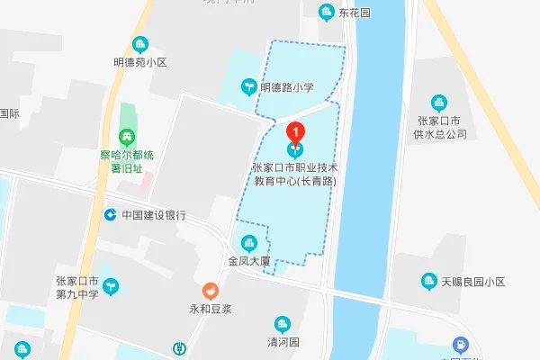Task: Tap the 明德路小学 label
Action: pos(287,87)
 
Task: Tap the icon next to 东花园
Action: pos(326,12)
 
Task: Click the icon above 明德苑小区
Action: pos(139,44)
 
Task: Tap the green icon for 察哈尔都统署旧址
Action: pos(129,137)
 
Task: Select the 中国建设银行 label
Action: pos(154,216)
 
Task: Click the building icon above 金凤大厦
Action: pos(250,242)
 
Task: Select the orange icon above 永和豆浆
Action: pos(209,291)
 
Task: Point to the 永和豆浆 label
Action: pos(209,309)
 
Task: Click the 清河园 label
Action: pos(283,342)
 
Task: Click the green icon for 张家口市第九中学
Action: pos(111,286)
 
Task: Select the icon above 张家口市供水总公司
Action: pos(438,103)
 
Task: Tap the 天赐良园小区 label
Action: pos(473,282)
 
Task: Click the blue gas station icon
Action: pos(460,345)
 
